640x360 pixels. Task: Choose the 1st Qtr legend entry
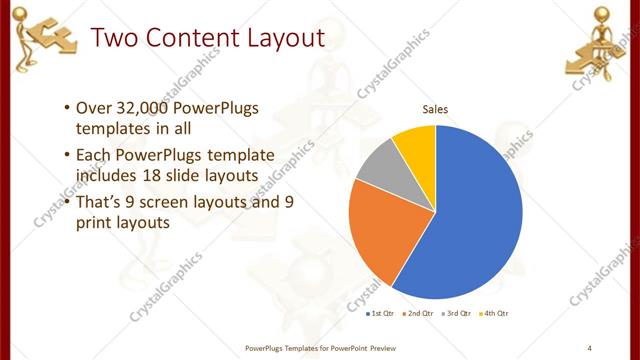click(x=379, y=314)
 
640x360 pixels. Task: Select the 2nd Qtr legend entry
click(x=418, y=314)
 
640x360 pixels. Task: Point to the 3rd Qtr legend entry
click(x=457, y=314)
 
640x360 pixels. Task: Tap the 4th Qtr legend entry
click(x=495, y=314)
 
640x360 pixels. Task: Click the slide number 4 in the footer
click(x=589, y=347)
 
